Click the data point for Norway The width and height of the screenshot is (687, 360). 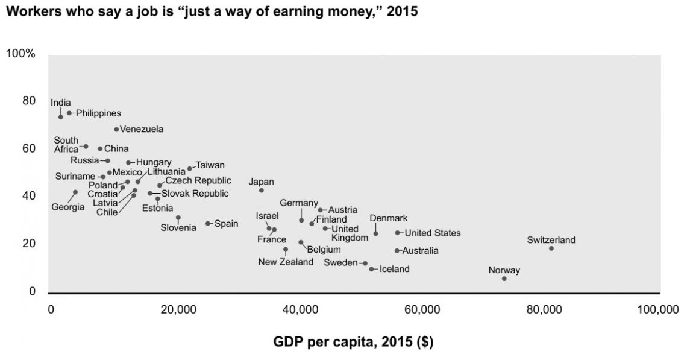pos(504,279)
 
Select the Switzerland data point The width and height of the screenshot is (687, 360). pos(551,248)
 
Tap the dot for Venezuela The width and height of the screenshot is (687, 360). pos(116,129)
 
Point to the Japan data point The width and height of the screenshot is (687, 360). pos(262,190)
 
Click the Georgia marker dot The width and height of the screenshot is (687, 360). pos(75,192)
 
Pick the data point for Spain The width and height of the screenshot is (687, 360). pos(208,223)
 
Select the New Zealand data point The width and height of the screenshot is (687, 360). pos(286,249)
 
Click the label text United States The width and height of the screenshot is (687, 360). pos(432,233)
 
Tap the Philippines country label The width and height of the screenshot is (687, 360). pos(98,113)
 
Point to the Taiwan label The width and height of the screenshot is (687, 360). pos(210,165)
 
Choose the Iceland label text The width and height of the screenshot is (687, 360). pos(394,269)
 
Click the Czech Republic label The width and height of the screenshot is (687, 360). pos(198,180)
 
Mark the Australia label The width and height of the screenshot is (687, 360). pos(420,250)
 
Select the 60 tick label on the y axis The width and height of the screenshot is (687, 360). pos(29,148)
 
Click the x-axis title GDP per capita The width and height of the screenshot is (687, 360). pos(353,343)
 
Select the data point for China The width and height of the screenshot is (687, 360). pos(100,148)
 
